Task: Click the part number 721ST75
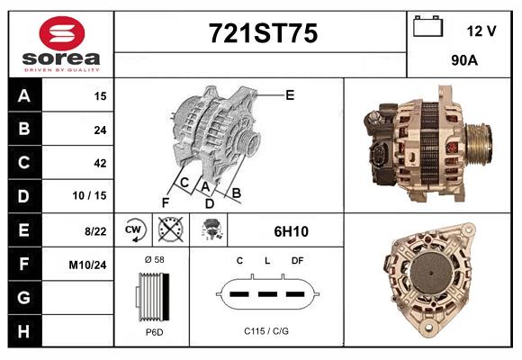click(x=262, y=34)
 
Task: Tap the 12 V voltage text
click(x=481, y=31)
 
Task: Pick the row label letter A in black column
click(x=23, y=96)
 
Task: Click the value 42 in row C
click(x=100, y=163)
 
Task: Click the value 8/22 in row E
click(x=95, y=230)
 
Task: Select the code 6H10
click(x=291, y=231)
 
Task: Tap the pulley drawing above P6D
click(x=152, y=296)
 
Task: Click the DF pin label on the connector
click(x=297, y=261)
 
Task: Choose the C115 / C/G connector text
click(x=266, y=331)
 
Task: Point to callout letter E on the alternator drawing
click(x=290, y=94)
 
